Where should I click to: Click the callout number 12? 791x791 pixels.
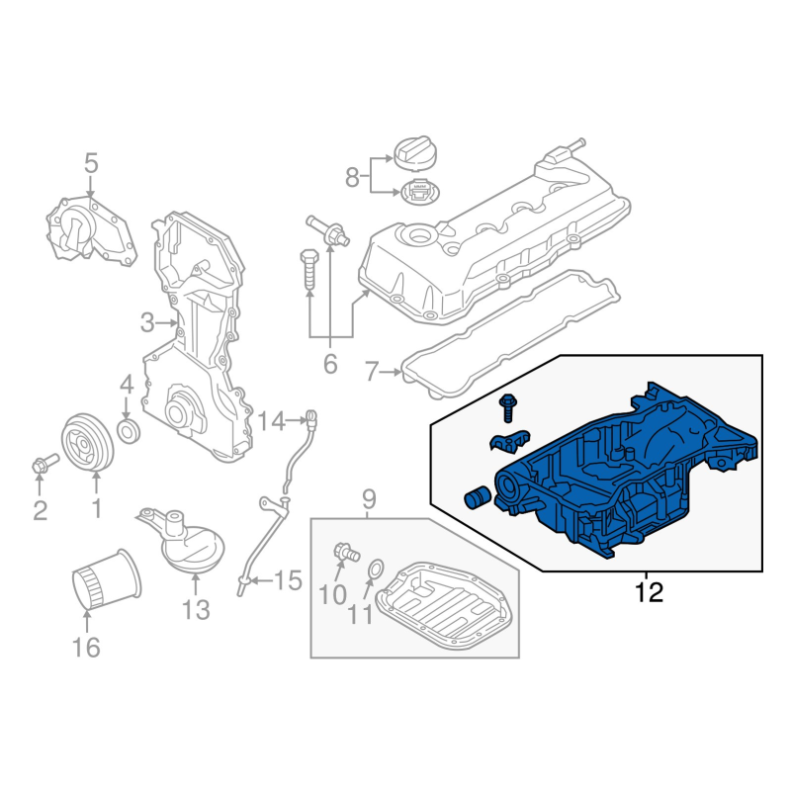click(x=649, y=592)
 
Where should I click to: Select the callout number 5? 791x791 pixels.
click(x=91, y=164)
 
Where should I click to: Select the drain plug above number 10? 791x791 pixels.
click(x=346, y=553)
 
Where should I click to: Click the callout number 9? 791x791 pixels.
click(x=369, y=500)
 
